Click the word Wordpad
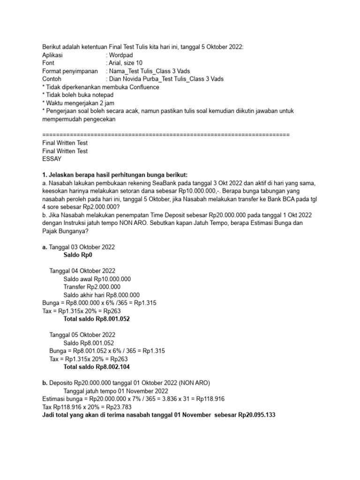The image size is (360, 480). coord(121,55)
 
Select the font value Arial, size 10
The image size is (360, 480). coord(125,63)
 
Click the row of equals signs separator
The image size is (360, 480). coord(166,135)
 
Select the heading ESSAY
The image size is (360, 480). coord(52,159)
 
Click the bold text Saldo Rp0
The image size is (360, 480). coord(78,255)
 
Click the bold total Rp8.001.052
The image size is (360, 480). coord(112,319)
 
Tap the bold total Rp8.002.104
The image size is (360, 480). coord(112,367)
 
